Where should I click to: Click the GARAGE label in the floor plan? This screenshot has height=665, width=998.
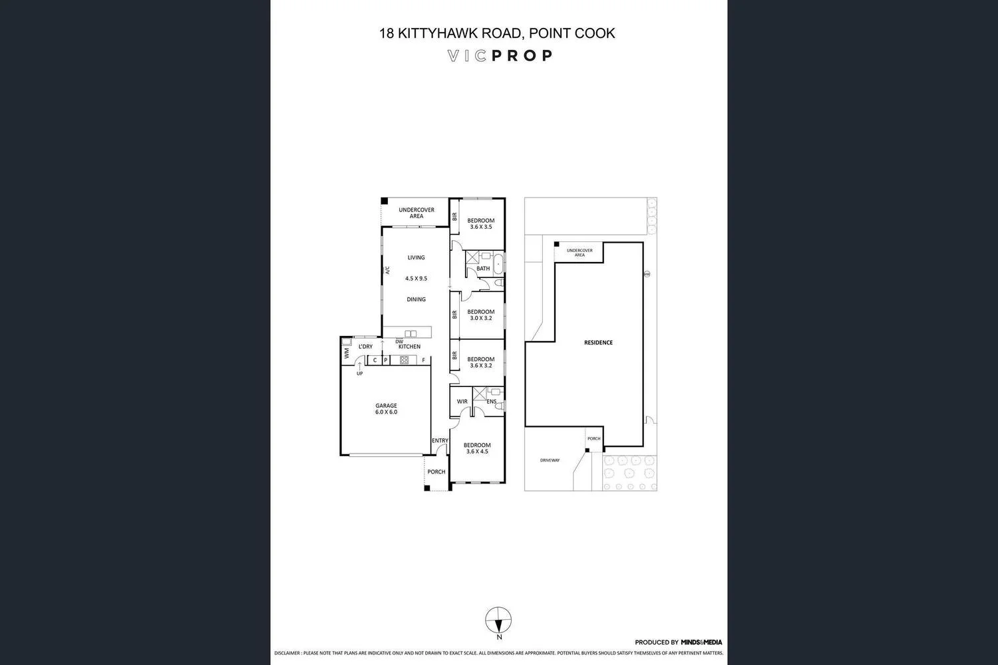coord(386,406)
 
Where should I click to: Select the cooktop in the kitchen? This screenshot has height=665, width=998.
coord(403,360)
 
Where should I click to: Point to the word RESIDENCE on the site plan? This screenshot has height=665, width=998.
coord(598,342)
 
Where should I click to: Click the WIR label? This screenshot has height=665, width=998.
coord(462,402)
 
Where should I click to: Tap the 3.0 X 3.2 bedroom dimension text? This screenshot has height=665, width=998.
coord(480,319)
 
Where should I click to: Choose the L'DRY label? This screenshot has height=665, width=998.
coord(365,346)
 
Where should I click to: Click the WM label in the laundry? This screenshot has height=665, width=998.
coord(346,354)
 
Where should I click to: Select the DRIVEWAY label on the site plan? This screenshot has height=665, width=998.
coord(550,460)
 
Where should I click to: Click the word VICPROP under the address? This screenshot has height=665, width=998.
coord(499,56)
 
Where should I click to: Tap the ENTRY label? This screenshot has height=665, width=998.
coord(440,441)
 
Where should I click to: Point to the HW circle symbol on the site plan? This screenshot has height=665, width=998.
coord(646,273)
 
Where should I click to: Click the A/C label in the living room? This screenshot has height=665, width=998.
coord(387,271)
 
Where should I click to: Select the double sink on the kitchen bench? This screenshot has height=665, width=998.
coord(411,333)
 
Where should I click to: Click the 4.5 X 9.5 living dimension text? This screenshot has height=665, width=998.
coord(416,279)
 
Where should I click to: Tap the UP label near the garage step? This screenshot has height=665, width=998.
coord(359,374)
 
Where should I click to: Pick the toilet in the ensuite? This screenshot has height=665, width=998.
coord(500,405)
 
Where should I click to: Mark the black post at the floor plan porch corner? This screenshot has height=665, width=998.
coord(427,488)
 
